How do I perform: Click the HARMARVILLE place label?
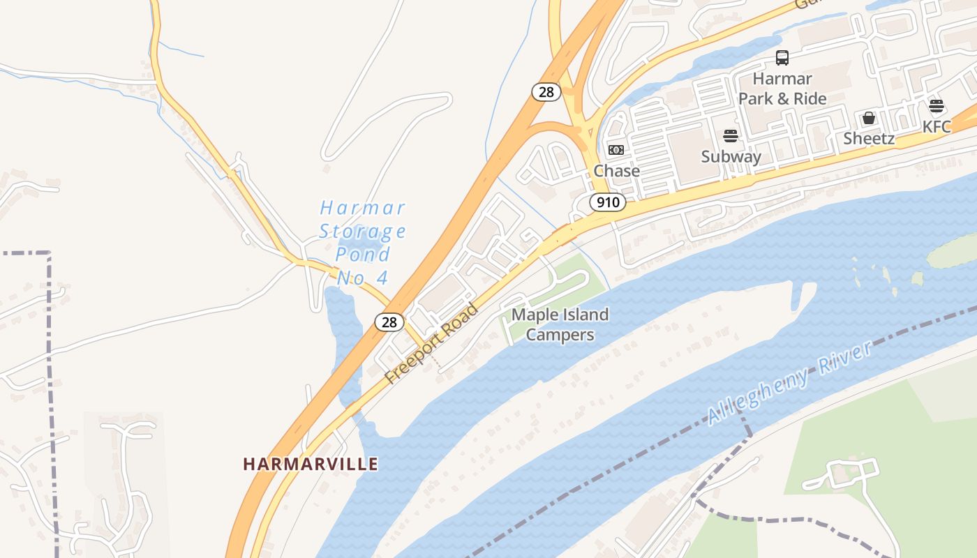click(x=311, y=464)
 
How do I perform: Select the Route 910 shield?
click(x=607, y=203)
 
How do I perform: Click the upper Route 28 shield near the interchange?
click(x=546, y=91)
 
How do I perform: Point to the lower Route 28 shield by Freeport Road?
click(x=389, y=322)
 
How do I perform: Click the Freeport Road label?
click(x=432, y=343)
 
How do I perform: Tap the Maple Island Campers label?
click(x=560, y=325)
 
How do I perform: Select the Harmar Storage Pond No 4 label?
click(x=362, y=242)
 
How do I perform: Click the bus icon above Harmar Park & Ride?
click(x=782, y=58)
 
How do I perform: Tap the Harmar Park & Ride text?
click(x=782, y=89)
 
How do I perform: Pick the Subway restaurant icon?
click(x=731, y=135)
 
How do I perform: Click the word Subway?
click(x=731, y=156)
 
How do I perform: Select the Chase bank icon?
click(x=616, y=150)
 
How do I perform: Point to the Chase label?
click(x=616, y=171)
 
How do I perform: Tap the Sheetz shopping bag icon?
click(x=869, y=118)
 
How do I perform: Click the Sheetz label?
click(x=869, y=138)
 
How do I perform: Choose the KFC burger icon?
click(x=937, y=106)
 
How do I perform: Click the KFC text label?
click(x=937, y=127)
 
